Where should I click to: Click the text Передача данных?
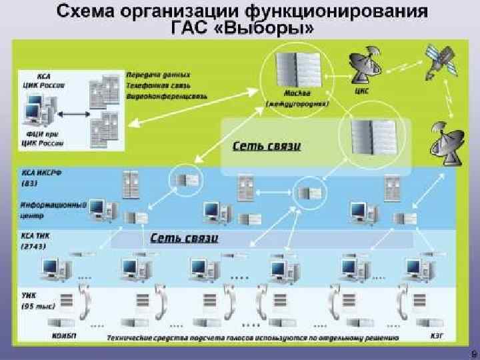click(x=157, y=75)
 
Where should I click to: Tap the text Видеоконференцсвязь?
click(x=166, y=97)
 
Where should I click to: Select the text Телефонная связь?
click(x=157, y=86)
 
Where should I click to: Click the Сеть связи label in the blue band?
click(x=184, y=237)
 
